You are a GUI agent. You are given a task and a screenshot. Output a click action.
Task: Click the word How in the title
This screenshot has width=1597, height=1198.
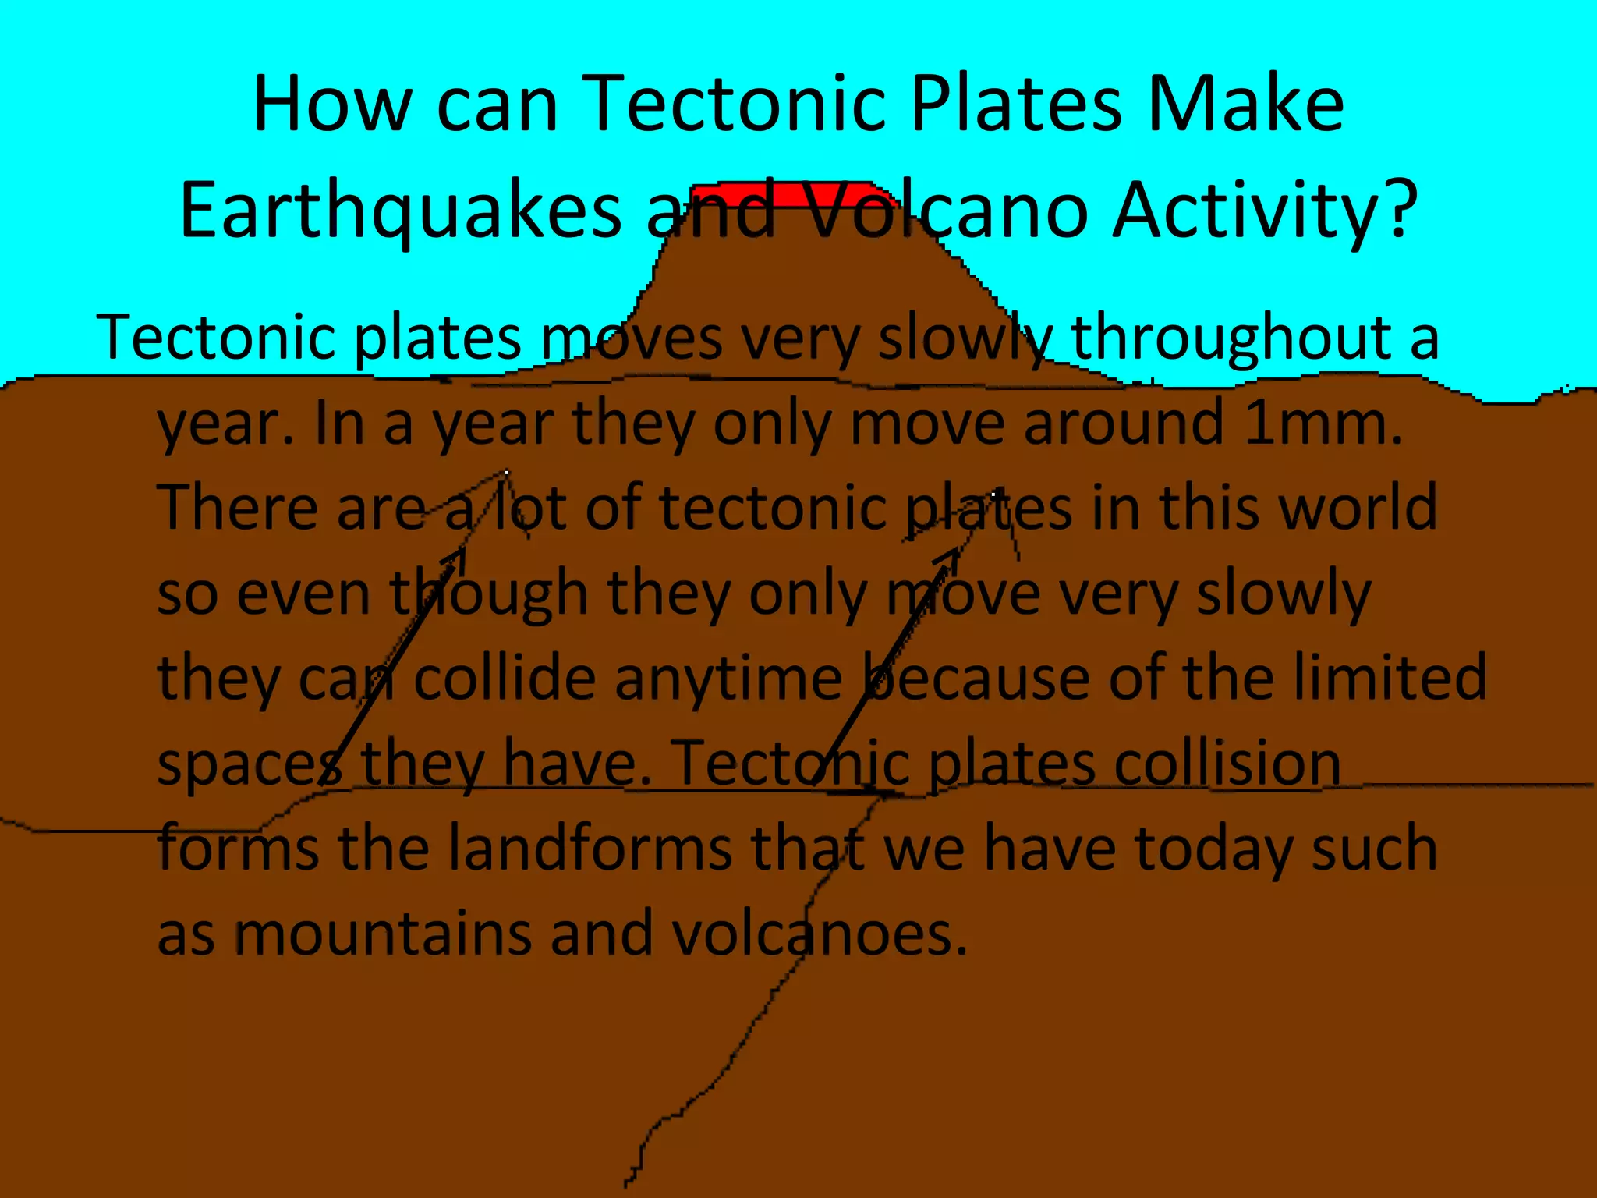332,105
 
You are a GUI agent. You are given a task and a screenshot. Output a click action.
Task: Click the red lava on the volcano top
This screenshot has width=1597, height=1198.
788,193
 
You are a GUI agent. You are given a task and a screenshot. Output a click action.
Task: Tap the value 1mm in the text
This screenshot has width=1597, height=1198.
1322,424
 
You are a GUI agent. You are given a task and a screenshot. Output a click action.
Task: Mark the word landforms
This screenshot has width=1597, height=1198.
590,848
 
